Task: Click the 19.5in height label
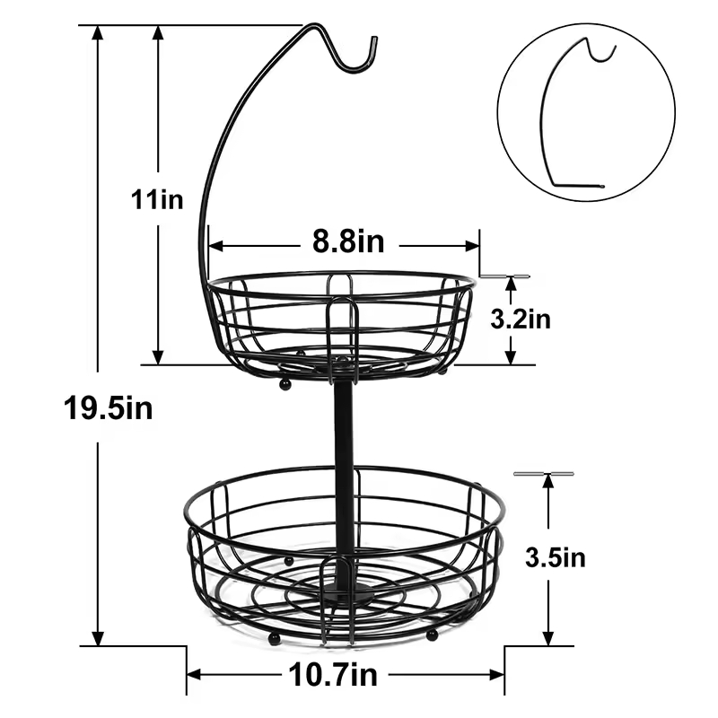coord(108,408)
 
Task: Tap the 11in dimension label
coord(156,199)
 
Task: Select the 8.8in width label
coord(348,241)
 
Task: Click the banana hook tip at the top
coord(372,42)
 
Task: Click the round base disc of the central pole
coord(346,594)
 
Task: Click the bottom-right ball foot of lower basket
coord(432,635)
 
